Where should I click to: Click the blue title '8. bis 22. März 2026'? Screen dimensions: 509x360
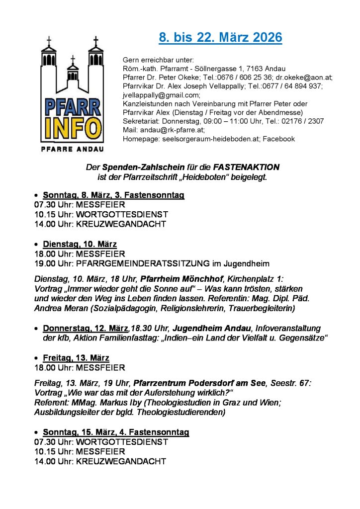[x=220, y=37]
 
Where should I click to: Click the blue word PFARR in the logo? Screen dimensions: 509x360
[x=73, y=107]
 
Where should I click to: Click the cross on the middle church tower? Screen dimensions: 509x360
[x=73, y=59]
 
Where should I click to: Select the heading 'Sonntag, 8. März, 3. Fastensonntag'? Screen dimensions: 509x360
[x=113, y=195]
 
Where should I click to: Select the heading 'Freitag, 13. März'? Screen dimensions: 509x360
[x=76, y=358]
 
